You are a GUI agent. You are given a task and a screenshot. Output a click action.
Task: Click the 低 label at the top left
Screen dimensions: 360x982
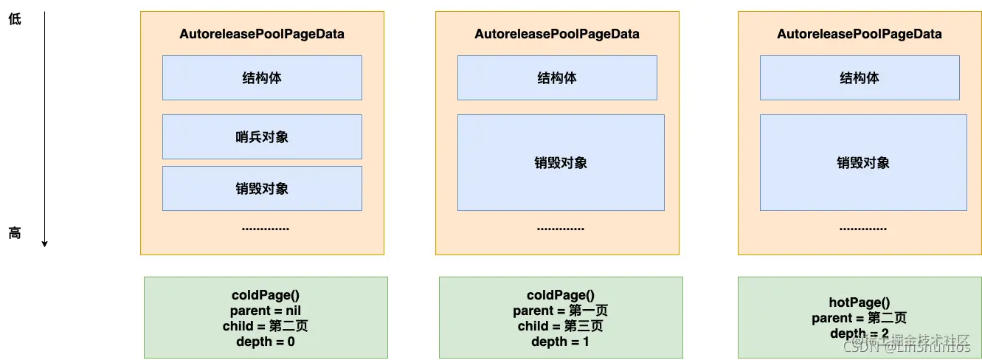click(x=15, y=19)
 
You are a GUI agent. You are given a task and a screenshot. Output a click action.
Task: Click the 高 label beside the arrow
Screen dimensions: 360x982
click(x=15, y=233)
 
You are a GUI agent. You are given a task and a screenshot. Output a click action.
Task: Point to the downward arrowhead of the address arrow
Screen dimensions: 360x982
click(x=44, y=243)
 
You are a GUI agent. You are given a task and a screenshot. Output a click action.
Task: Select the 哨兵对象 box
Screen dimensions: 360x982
click(x=262, y=136)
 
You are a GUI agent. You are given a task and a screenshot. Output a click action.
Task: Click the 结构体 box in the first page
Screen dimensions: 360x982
click(x=262, y=77)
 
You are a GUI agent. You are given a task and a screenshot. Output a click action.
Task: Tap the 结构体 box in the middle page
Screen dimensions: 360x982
click(x=557, y=77)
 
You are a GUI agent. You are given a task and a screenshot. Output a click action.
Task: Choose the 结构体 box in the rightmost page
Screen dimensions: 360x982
click(x=860, y=77)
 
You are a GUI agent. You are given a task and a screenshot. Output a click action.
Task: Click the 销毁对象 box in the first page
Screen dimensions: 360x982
click(x=262, y=188)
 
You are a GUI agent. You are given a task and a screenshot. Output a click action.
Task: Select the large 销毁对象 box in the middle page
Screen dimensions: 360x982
click(x=561, y=162)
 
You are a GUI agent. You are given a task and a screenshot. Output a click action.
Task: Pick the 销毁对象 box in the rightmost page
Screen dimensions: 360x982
click(x=863, y=162)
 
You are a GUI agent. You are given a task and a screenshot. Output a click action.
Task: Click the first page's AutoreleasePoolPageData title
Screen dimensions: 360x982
click(x=262, y=34)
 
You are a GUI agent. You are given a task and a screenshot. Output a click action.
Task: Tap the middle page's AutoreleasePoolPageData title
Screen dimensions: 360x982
click(x=557, y=34)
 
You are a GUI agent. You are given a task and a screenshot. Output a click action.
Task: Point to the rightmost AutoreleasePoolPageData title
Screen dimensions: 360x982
click(x=860, y=34)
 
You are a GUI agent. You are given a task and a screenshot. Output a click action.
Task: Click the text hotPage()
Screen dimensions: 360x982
click(x=860, y=302)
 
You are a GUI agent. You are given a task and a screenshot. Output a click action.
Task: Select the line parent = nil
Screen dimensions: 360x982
click(x=266, y=311)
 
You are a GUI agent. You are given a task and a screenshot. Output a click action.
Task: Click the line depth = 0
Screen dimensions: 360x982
click(x=266, y=342)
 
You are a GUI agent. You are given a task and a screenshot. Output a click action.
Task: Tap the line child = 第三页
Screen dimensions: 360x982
click(x=561, y=326)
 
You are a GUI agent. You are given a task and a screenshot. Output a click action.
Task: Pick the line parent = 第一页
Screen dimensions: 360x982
click(x=561, y=311)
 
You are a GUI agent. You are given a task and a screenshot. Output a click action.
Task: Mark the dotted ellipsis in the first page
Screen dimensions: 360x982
click(x=266, y=228)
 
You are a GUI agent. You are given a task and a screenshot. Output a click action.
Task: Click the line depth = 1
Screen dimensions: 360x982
click(x=561, y=342)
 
